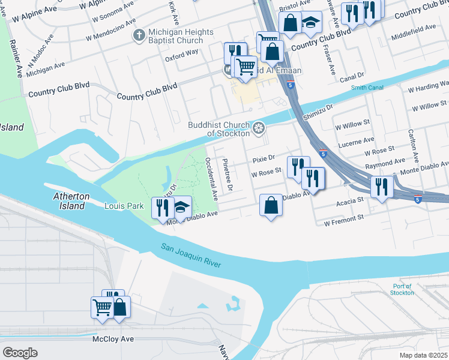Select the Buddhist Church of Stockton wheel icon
(x=259, y=127)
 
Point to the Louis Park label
(x=124, y=206)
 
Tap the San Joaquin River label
(x=191, y=255)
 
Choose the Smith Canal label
(x=367, y=88)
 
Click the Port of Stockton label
(x=402, y=289)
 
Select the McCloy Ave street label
(x=113, y=339)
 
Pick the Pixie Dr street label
(x=263, y=159)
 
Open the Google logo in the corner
(x=20, y=353)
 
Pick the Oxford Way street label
(x=181, y=52)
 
